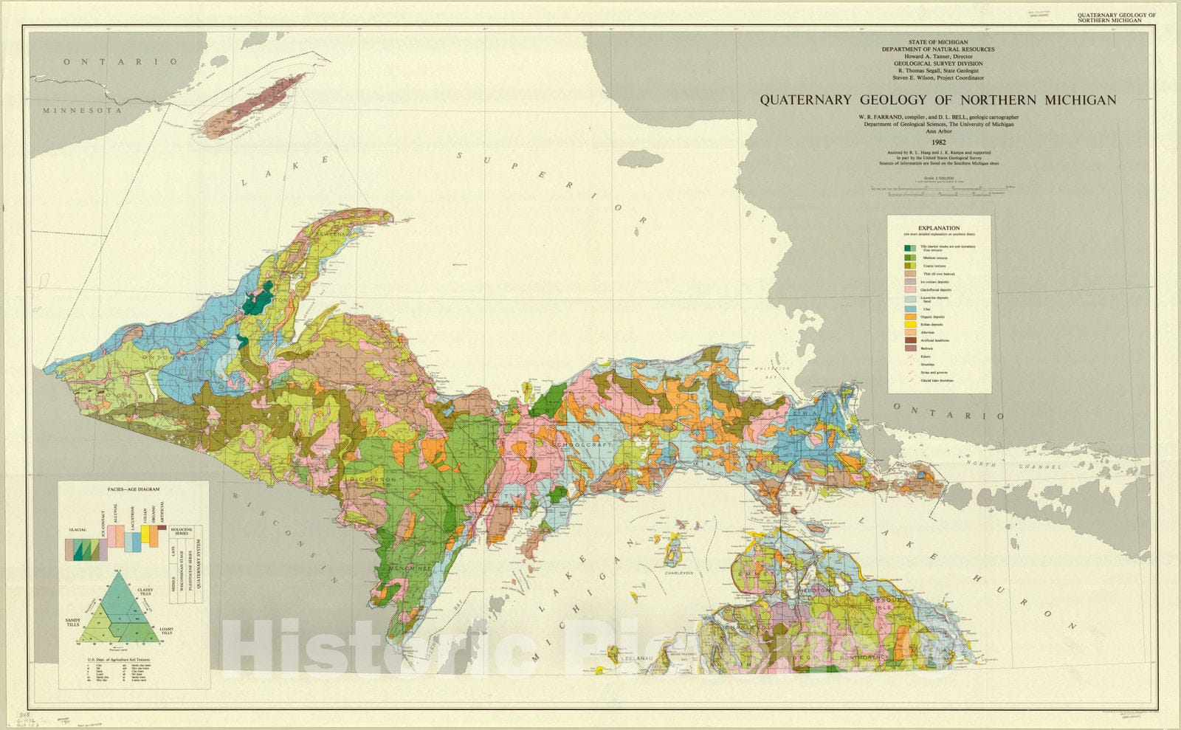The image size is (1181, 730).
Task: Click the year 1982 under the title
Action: tap(938, 142)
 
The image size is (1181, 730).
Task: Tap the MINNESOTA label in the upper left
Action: tap(81, 111)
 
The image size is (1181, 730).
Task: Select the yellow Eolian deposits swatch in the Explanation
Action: tap(910, 325)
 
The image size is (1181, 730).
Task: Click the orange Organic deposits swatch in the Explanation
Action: tap(910, 317)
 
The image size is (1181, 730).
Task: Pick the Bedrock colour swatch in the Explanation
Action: tap(910, 348)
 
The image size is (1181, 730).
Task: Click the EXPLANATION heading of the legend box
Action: tap(939, 228)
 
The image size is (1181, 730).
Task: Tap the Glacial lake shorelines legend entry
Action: tap(937, 381)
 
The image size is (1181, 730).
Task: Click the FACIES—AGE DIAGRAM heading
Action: tap(134, 489)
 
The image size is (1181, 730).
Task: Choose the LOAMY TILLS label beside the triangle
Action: tap(167, 631)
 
